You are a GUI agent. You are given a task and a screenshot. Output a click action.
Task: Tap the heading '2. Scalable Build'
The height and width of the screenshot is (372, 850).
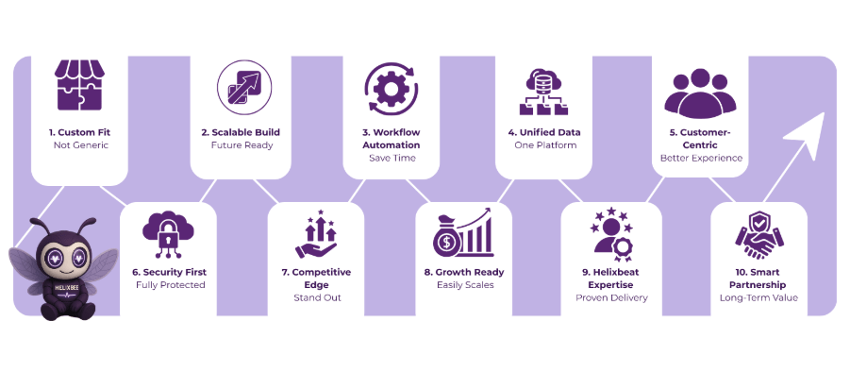coord(240,133)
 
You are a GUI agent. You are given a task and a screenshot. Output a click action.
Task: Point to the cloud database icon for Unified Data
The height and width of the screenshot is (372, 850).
coord(542,91)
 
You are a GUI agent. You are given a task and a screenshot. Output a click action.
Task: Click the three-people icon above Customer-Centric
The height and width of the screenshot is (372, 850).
coord(699,92)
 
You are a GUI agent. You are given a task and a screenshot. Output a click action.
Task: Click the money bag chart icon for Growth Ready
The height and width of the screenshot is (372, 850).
coord(463,232)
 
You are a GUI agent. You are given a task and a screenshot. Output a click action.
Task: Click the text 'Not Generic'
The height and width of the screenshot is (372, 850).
coord(78,146)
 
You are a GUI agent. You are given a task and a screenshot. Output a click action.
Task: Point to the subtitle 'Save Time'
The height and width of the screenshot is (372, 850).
coord(391,159)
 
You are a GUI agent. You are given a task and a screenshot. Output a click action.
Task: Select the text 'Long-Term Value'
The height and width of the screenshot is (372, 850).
coord(758,297)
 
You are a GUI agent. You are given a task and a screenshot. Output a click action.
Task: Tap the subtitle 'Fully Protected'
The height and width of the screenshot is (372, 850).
coord(170,284)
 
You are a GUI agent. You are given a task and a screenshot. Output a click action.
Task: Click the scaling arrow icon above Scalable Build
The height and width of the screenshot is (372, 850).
coord(240,85)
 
